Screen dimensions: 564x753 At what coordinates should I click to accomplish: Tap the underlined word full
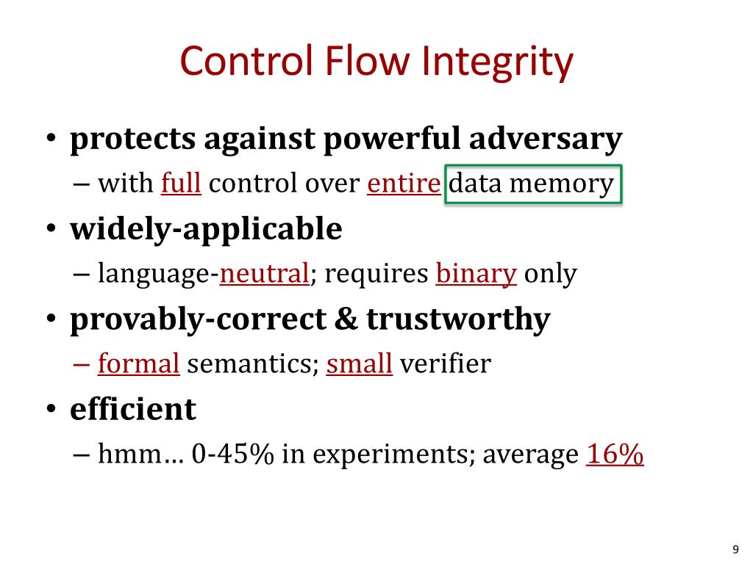181,184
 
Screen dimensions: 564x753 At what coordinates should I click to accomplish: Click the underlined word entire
404,184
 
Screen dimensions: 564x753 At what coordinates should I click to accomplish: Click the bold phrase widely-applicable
206,229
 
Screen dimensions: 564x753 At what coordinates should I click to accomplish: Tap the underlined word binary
477,274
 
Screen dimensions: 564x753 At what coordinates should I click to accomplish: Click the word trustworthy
458,319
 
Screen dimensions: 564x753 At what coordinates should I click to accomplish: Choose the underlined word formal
139,364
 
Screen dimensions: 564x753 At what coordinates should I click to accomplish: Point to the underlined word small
360,364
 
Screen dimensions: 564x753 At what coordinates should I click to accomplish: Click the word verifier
445,364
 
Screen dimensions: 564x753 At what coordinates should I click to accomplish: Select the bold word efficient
133,409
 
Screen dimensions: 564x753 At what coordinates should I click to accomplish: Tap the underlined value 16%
615,455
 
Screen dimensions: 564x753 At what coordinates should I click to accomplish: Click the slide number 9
735,551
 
